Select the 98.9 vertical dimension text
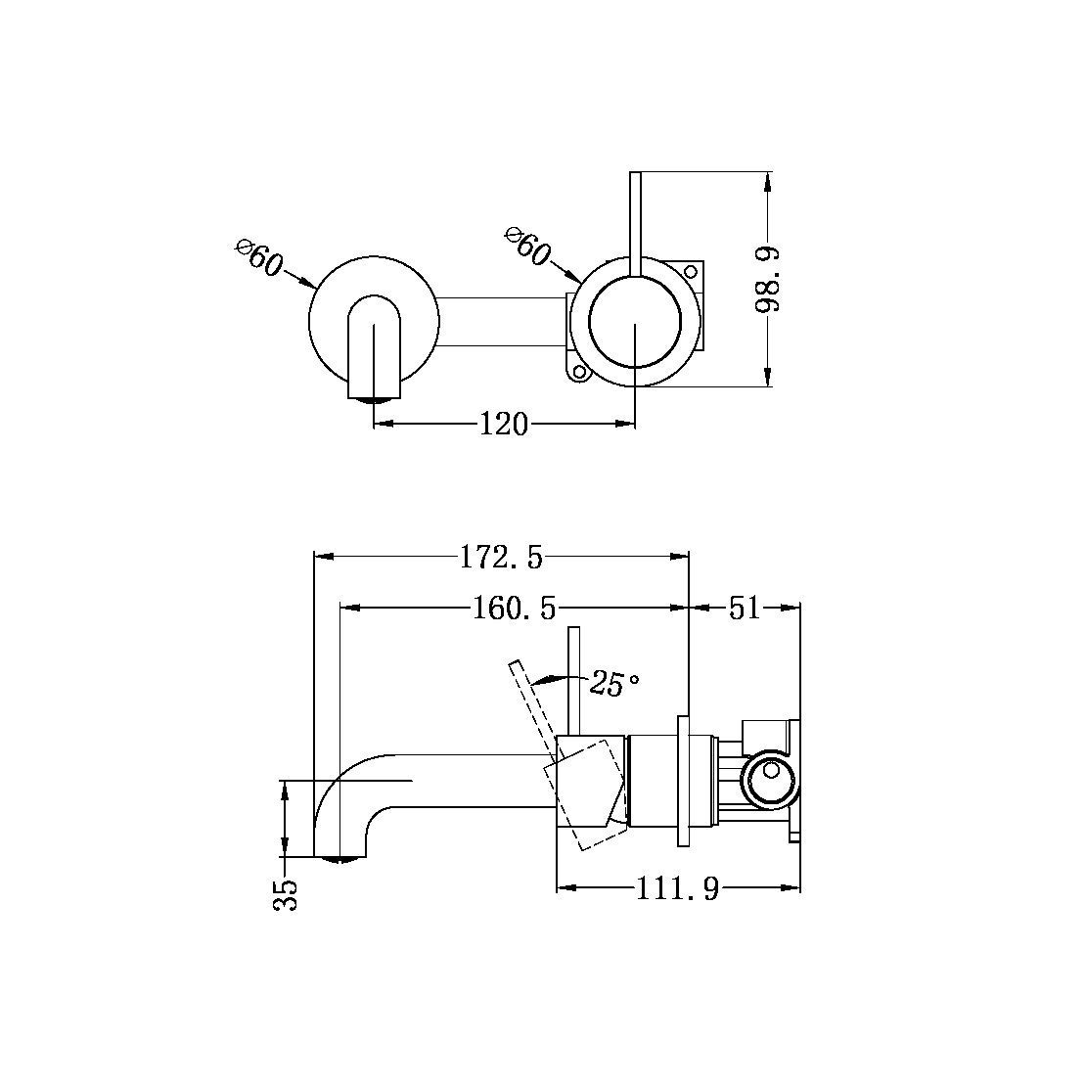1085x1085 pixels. [x=769, y=279]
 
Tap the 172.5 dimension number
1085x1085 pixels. [x=500, y=558]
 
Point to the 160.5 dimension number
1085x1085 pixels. [x=514, y=609]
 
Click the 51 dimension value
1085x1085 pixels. [x=744, y=609]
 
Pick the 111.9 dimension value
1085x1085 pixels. [x=678, y=889]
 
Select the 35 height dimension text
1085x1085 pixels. [x=286, y=894]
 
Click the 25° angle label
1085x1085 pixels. [x=614, y=684]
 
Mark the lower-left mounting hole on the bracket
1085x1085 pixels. [x=578, y=372]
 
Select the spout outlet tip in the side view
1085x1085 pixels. [x=339, y=858]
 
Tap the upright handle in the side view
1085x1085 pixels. [x=575, y=680]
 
